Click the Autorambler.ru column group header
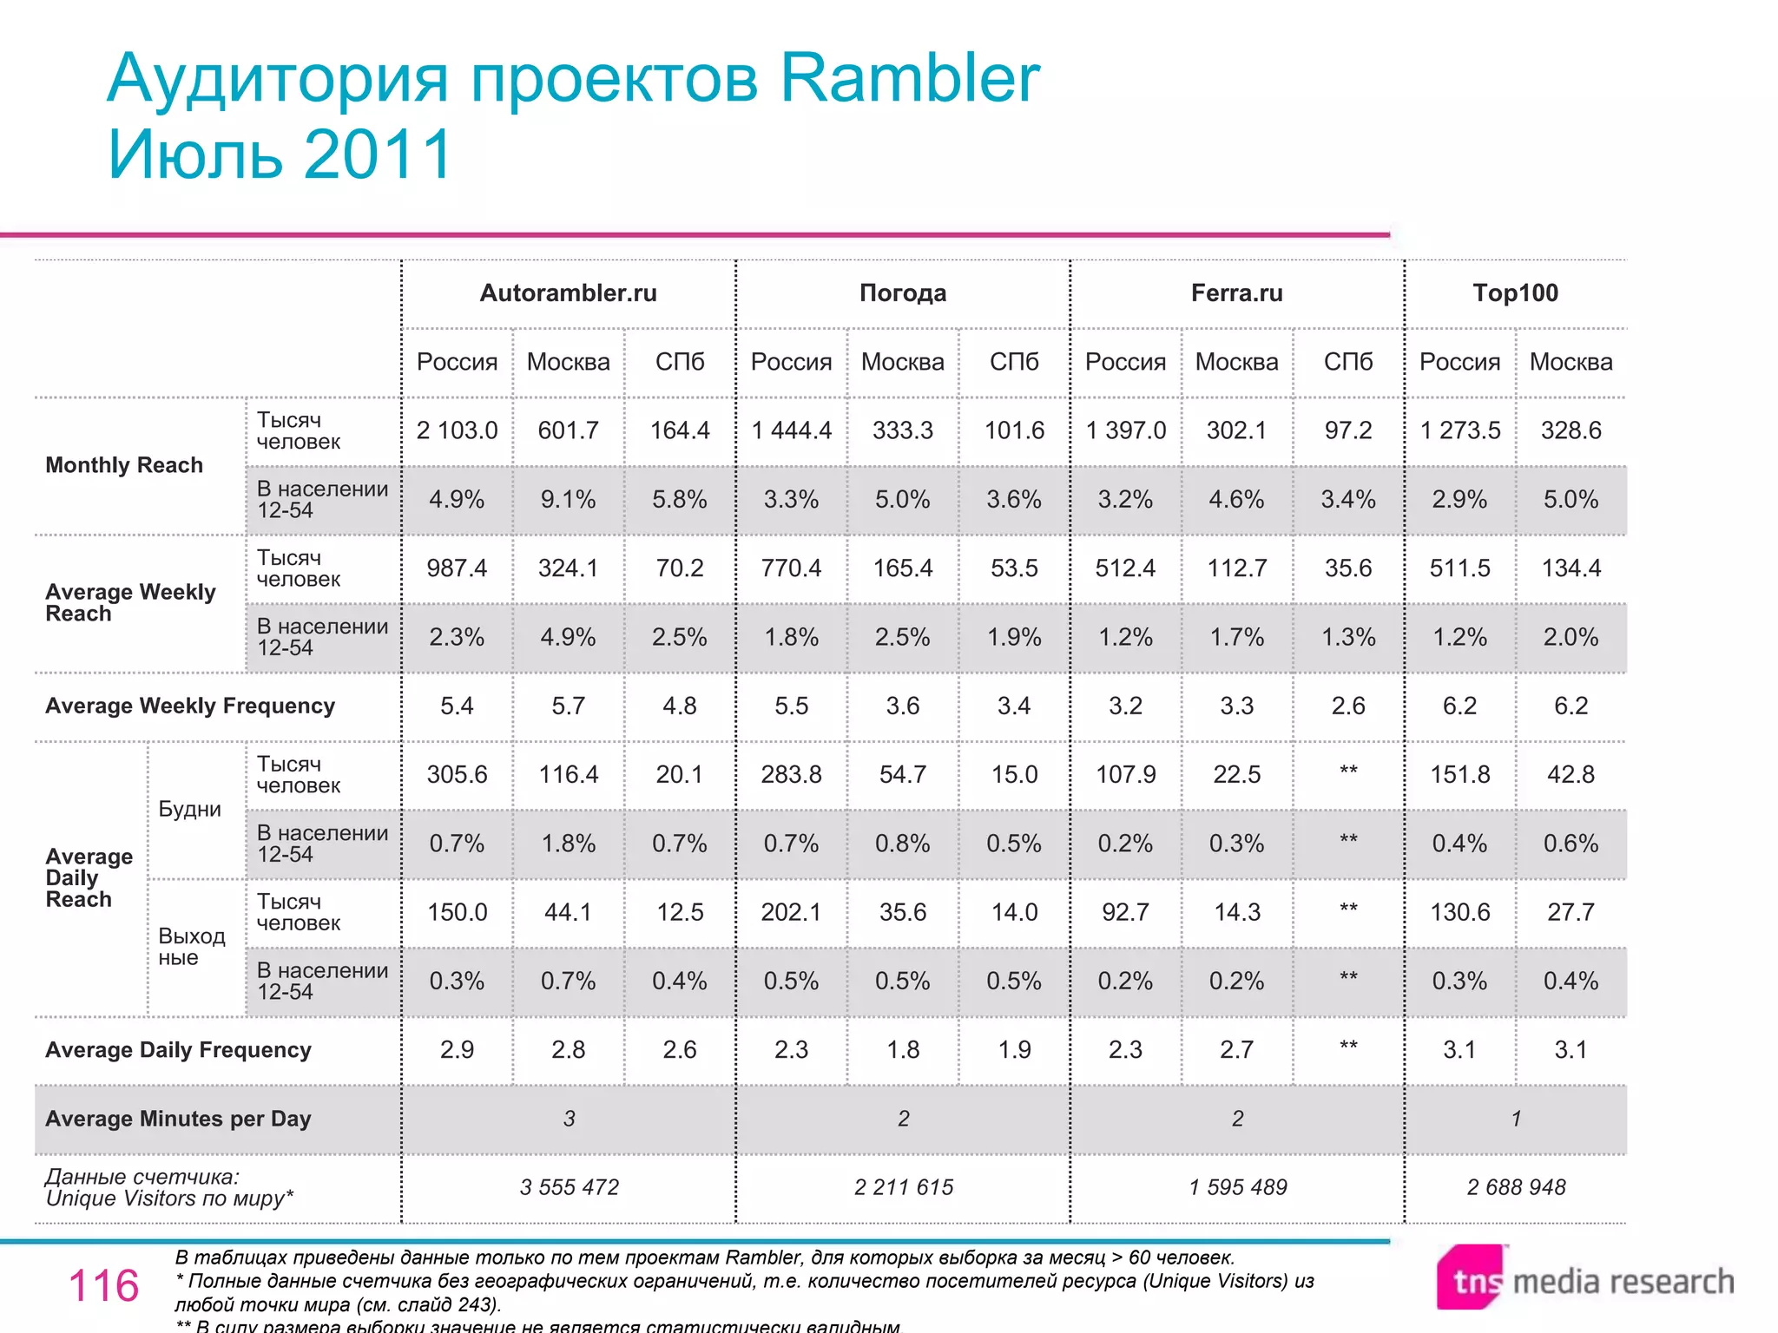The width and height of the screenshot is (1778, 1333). coord(568,293)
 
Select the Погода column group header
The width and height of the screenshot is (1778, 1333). coord(902,293)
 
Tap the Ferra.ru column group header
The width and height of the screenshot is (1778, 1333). coord(1236,293)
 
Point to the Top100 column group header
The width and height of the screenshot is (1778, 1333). coord(1515,293)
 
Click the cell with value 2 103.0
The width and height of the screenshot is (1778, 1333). coord(457,430)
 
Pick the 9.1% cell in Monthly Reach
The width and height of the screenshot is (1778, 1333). coord(568,500)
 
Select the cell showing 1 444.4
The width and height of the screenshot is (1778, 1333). coord(791,430)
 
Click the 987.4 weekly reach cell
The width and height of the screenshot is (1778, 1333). coord(457,568)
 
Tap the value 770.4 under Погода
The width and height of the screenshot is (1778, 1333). coord(791,568)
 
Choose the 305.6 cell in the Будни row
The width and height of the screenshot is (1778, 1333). coord(457,774)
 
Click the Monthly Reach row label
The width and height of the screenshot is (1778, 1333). coord(124,465)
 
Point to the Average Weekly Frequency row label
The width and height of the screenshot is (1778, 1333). coord(190,706)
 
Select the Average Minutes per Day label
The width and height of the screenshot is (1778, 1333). coord(178,1119)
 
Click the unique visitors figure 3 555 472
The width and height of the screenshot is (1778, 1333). coord(569,1187)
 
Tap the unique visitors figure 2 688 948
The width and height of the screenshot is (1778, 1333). coord(1516,1187)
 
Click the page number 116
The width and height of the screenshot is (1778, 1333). coord(103,1285)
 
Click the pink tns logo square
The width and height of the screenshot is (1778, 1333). coord(1471,1277)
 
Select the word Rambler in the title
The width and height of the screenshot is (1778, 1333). coord(909,78)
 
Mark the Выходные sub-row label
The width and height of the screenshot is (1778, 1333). coord(191,947)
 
